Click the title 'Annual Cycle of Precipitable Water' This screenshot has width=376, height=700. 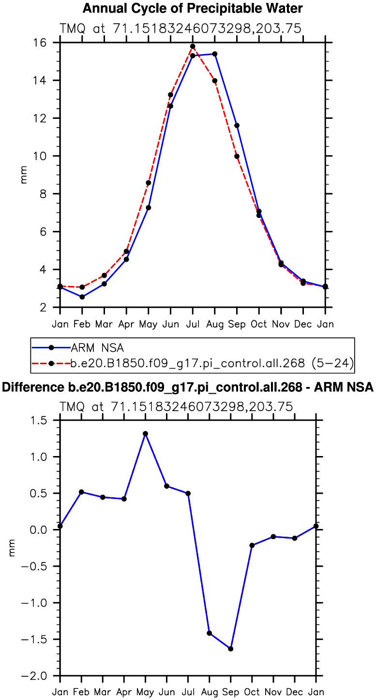tap(193, 8)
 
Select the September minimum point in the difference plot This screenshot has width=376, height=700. tap(231, 649)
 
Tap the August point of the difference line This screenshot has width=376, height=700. tap(210, 633)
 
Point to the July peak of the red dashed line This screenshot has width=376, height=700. tap(193, 46)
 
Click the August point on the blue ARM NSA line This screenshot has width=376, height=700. tap(215, 54)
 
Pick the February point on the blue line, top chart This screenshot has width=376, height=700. tap(82, 297)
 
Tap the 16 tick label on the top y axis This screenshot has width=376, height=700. tap(47, 43)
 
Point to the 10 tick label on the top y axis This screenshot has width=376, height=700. tap(47, 156)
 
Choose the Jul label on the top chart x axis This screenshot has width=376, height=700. tap(193, 323)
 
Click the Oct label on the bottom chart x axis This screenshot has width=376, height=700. tap(252, 692)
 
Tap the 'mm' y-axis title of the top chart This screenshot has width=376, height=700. tap(24, 175)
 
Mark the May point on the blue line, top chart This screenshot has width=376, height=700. tap(149, 208)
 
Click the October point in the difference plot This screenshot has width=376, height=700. tap(252, 545)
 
